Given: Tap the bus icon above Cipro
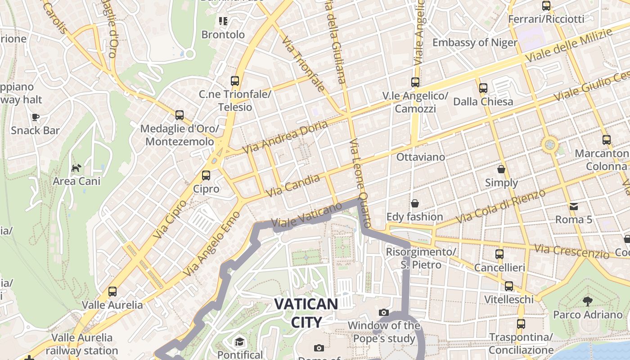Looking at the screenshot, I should [x=206, y=175].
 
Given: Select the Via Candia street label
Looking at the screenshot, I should [x=293, y=185].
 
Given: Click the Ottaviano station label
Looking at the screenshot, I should [x=420, y=157].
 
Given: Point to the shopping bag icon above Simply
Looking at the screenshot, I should [x=501, y=169].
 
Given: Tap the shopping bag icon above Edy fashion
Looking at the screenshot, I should [x=414, y=203].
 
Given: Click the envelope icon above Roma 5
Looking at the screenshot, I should [x=574, y=206].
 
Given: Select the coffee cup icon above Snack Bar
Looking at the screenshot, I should [x=35, y=117].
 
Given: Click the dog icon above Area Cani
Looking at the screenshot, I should [x=76, y=168].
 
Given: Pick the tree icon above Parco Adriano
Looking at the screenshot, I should [x=587, y=301].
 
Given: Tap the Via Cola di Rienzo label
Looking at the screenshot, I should [x=500, y=206].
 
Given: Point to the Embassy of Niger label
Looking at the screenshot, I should [x=475, y=42].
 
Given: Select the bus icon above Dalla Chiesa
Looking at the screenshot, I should [x=483, y=88].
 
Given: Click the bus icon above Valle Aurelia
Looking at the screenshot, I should [x=112, y=292].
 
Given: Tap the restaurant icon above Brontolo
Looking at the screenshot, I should [x=223, y=21].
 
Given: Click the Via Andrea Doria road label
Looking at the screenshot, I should [x=285, y=137].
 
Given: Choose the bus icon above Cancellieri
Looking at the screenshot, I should [x=499, y=254].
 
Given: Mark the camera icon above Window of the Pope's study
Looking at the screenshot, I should [x=383, y=312].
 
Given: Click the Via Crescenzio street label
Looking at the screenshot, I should [x=572, y=251].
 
